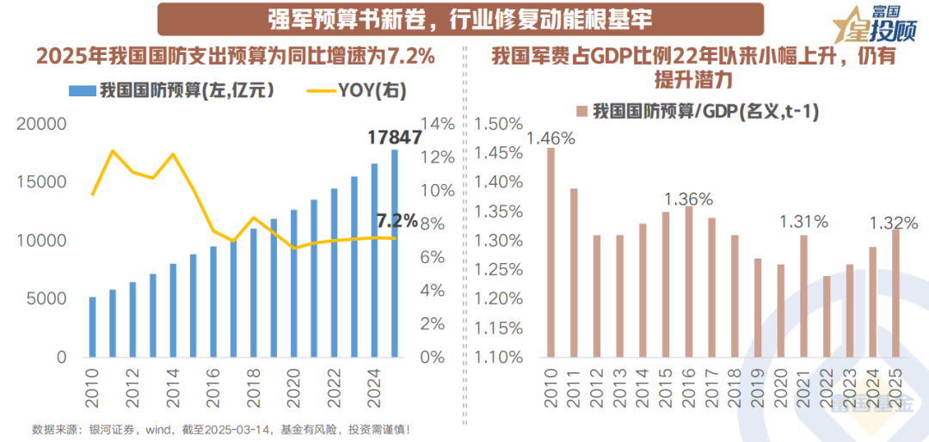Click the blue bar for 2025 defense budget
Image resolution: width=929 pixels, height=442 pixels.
395,254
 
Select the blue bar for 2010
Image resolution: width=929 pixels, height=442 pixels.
92,327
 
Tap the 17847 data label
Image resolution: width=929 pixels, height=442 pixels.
393,138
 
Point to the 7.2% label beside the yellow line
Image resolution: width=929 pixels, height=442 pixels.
397,220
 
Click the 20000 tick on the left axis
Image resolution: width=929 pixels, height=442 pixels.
41,124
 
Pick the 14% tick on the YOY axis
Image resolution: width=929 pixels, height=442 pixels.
438,124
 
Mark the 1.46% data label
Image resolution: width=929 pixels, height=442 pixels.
551,138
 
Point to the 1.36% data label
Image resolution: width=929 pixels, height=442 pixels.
688,199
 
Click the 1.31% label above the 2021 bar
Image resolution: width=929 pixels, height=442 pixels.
803,222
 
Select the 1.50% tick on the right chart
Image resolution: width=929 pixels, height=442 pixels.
498,125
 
